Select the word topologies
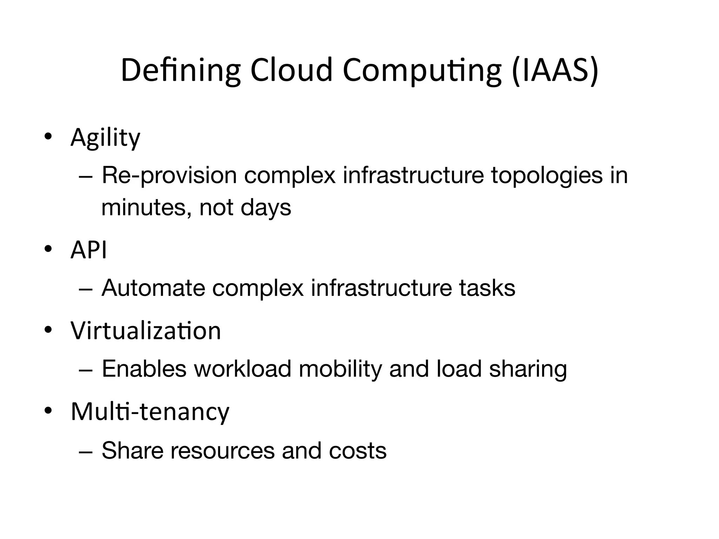546,175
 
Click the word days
266,207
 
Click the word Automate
153,288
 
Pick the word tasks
487,288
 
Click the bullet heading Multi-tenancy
150,411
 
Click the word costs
357,450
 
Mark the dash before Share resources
86,451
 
